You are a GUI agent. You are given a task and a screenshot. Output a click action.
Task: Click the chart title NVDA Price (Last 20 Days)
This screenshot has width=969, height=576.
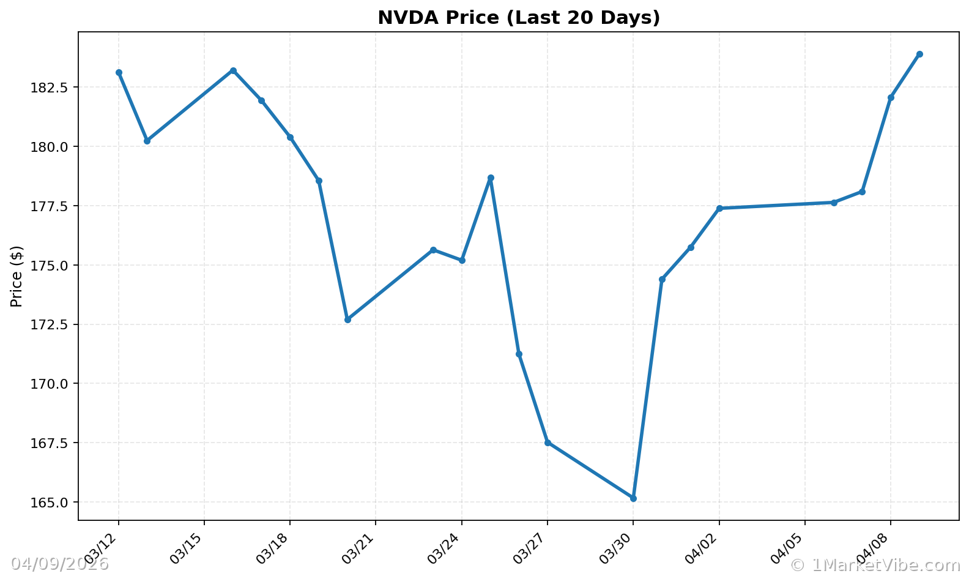[519, 18]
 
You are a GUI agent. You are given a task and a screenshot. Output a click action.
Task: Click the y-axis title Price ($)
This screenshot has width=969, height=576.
[17, 276]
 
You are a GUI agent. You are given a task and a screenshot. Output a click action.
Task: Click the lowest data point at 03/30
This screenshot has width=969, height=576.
[633, 498]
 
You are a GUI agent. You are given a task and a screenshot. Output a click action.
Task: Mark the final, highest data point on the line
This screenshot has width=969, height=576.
[919, 54]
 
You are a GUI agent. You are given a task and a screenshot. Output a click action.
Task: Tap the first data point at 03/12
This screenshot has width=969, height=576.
[119, 72]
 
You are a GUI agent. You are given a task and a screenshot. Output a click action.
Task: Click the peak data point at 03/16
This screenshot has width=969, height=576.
[233, 70]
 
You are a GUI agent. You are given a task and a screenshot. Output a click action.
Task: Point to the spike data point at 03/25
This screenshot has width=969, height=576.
[491, 178]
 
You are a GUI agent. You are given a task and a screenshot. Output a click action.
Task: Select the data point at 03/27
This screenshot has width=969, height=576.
[548, 443]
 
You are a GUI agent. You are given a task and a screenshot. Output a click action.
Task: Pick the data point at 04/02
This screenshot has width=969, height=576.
[719, 208]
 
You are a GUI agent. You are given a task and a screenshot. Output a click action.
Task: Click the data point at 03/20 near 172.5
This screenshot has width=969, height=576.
[347, 320]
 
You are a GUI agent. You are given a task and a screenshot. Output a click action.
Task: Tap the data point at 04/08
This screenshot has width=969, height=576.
[891, 97]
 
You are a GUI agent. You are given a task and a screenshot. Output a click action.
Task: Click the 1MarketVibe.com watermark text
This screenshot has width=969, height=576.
[875, 565]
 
